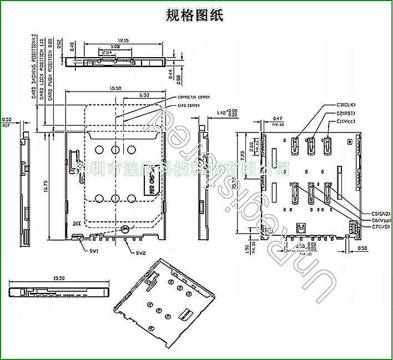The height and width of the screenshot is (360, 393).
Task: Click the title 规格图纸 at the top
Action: coord(195,15)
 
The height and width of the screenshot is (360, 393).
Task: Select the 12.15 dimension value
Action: coord(123,40)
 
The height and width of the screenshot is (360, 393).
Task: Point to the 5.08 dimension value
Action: coord(115,47)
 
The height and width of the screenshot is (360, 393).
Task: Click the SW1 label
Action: coord(94,251)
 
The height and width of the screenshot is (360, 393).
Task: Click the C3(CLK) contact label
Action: coord(346,105)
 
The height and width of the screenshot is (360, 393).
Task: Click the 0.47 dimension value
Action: coord(278,118)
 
